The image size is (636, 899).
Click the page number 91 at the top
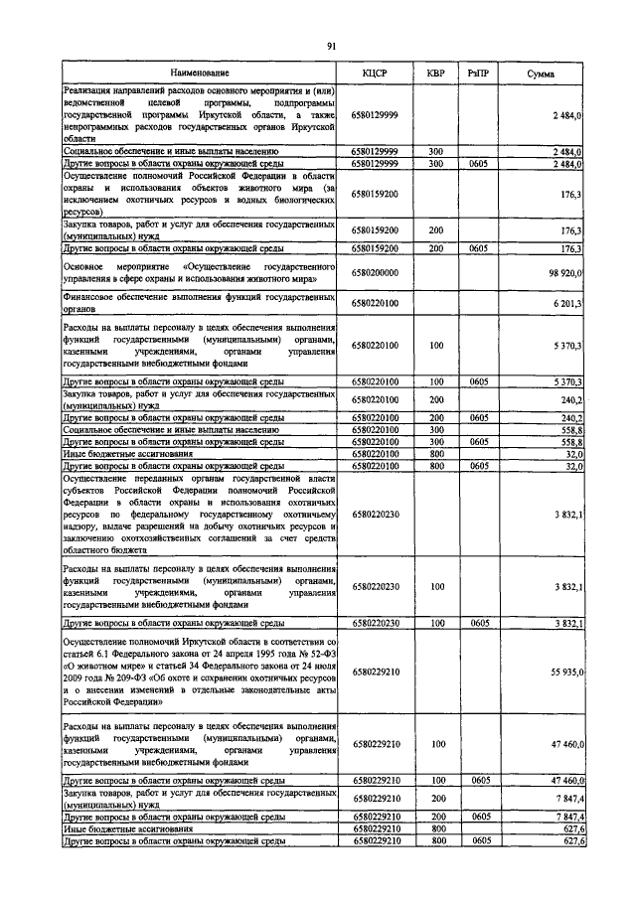point(331,44)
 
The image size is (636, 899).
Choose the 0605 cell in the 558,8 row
point(479,442)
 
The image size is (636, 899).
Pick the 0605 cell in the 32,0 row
point(479,464)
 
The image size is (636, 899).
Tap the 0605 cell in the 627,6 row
point(479,839)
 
